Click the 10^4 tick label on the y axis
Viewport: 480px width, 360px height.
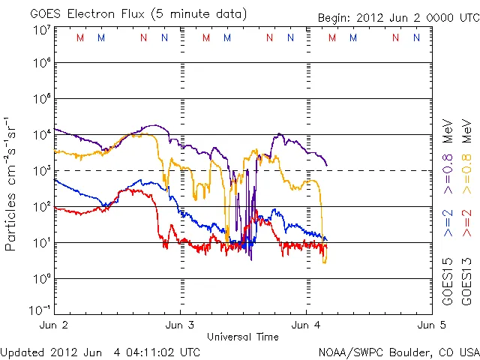click(40, 134)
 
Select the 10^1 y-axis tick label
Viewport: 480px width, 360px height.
click(40, 242)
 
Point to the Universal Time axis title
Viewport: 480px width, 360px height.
click(242, 337)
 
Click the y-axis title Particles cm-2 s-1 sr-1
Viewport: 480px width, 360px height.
click(11, 183)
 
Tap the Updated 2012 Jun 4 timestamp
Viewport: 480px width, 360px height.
click(100, 351)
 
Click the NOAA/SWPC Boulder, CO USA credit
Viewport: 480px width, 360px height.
click(397, 351)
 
